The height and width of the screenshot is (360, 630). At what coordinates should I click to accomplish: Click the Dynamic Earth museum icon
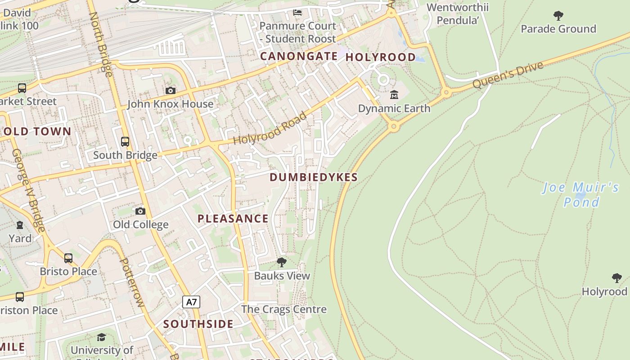(394, 94)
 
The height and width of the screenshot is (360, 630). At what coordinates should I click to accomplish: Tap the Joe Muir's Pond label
(580, 194)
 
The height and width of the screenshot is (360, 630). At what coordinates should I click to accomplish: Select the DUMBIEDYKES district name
(314, 177)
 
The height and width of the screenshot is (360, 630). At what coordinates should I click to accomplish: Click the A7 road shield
(191, 301)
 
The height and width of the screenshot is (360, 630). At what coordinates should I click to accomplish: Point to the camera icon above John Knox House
(170, 90)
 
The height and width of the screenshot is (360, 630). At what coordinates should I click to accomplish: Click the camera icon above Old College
(140, 211)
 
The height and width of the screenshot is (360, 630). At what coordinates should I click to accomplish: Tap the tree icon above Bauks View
(282, 262)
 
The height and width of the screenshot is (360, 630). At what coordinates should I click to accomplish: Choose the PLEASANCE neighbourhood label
(233, 219)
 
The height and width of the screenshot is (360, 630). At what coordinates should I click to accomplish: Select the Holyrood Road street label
(270, 129)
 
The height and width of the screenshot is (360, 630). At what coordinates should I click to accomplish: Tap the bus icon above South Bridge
(125, 142)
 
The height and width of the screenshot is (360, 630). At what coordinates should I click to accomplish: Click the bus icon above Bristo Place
(68, 258)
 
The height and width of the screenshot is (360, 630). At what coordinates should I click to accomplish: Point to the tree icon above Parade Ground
(558, 16)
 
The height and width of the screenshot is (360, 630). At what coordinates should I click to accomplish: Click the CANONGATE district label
(299, 56)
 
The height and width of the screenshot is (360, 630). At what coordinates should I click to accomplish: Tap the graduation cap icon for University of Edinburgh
(102, 337)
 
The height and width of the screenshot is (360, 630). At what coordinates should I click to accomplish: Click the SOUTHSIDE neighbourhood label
(198, 324)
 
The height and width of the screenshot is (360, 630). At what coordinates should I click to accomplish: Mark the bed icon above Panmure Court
(297, 13)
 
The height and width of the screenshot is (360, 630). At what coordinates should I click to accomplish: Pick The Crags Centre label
(284, 309)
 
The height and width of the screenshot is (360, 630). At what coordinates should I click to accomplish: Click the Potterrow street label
(132, 282)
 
